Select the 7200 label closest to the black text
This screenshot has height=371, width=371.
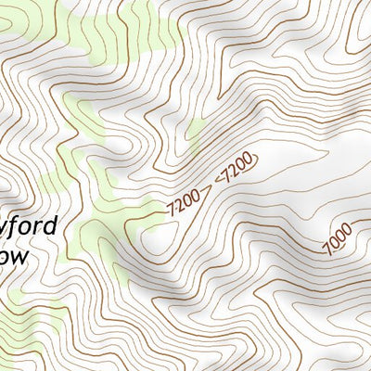(x=185, y=200)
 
